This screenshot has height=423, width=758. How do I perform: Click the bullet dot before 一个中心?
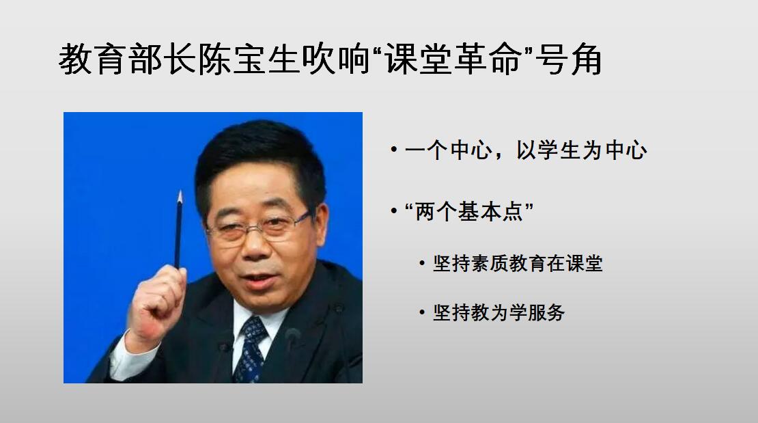[394, 150]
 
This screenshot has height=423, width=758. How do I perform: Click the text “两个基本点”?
[469, 212]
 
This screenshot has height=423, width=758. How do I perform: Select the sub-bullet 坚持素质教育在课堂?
[518, 263]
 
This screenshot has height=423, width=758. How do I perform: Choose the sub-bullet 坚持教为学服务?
[499, 313]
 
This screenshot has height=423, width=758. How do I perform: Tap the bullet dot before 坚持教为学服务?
[422, 313]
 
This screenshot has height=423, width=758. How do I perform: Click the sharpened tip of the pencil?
[180, 192]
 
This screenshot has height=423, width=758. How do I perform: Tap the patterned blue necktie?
[251, 349]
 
